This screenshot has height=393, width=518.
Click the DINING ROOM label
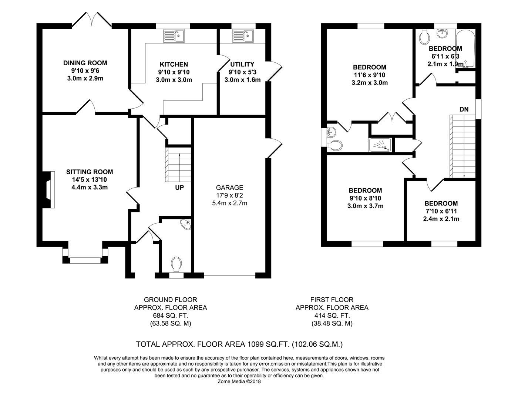(85, 63)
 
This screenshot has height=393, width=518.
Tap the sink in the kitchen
(174, 36)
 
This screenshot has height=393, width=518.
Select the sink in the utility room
(243, 36)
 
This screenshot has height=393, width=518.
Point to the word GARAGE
(229, 188)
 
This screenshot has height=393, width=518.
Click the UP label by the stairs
(179, 188)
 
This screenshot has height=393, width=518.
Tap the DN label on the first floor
(464, 109)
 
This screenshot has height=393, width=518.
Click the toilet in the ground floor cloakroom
(176, 264)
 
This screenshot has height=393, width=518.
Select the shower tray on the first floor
(380, 145)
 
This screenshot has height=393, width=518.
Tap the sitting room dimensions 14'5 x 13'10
(90, 180)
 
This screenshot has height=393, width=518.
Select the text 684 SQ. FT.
(171, 316)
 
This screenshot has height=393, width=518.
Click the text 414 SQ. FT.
(332, 316)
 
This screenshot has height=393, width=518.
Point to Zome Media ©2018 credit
(239, 382)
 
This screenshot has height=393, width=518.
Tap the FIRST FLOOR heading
(332, 300)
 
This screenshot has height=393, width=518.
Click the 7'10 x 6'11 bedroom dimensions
(441, 211)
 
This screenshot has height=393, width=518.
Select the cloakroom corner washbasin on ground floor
(186, 224)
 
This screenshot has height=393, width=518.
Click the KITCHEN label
(174, 64)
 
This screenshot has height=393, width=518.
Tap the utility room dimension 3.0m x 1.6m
(242, 80)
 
